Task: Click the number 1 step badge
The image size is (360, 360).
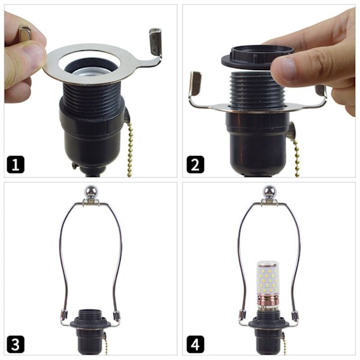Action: click(16, 164)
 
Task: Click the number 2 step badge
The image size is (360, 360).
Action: click(196, 164)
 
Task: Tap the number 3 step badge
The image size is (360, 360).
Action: click(16, 344)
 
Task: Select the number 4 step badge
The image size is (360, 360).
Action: click(196, 344)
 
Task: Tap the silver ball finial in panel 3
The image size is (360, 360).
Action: click(91, 192)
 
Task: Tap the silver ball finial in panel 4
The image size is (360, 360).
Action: click(269, 192)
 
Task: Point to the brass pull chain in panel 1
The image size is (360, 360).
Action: click(130, 149)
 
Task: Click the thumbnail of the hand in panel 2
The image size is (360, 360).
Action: click(284, 69)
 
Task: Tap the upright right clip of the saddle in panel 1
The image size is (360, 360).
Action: click(155, 42)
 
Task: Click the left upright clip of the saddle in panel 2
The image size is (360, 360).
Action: click(196, 83)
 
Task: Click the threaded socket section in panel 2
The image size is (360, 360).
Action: click(258, 89)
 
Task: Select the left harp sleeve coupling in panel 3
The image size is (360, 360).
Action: click(64, 314)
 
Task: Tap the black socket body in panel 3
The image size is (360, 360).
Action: click(90, 340)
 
